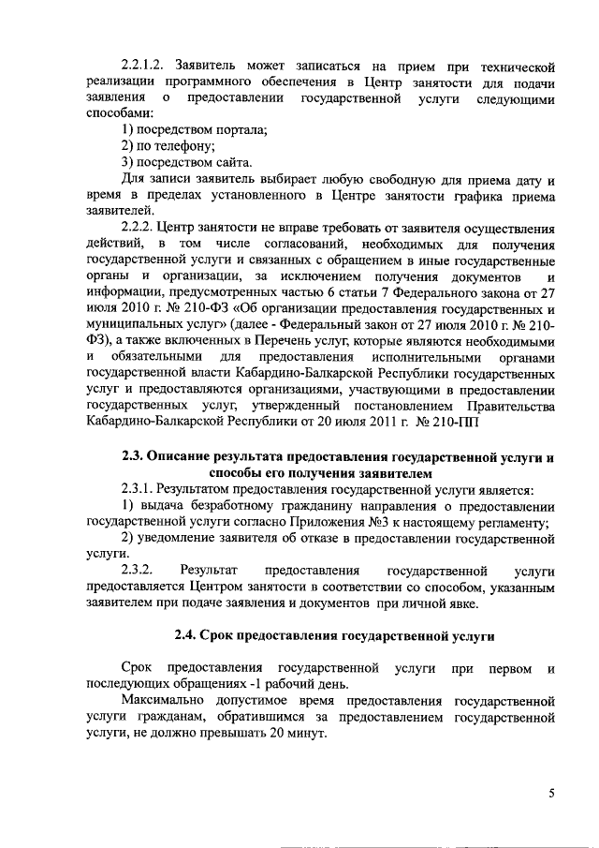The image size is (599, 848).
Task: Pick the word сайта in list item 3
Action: click(226, 162)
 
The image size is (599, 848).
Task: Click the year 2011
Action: click(365, 424)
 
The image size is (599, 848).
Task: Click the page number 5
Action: click(551, 795)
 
